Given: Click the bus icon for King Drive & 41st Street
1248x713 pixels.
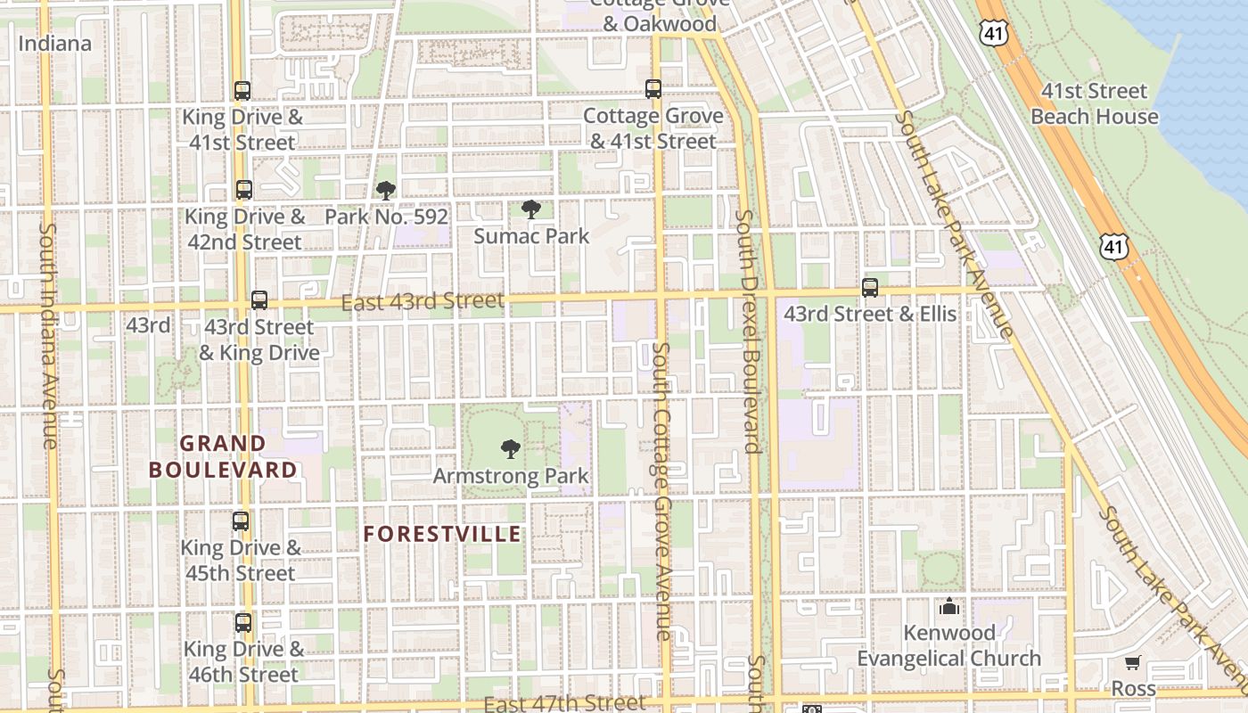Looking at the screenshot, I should tap(242, 90).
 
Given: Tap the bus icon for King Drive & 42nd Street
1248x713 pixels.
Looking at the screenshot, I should tap(243, 190).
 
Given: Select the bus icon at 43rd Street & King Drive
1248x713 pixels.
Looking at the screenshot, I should tap(259, 300).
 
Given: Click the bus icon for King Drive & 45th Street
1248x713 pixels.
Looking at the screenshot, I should tap(241, 521).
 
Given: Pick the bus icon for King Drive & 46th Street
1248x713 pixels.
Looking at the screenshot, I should tap(242, 623).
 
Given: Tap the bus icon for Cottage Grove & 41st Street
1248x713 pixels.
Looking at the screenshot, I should tap(653, 89).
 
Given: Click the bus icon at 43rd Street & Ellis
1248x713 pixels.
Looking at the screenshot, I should tap(870, 288).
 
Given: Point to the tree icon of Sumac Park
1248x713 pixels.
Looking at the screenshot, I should tap(530, 210).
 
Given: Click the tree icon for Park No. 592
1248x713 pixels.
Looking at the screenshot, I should tap(385, 190).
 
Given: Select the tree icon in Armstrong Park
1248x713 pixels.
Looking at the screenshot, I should tap(510, 449).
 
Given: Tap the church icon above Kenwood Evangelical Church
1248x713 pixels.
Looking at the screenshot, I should tap(948, 607).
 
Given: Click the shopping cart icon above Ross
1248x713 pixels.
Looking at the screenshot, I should tap(1132, 663).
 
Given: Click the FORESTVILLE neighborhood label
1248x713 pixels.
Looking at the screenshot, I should tap(442, 534).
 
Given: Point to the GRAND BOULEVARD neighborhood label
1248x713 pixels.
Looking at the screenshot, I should tap(223, 456).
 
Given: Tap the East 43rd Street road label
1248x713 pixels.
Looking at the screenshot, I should tap(423, 302).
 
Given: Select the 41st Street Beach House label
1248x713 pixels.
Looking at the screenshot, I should tap(1095, 103).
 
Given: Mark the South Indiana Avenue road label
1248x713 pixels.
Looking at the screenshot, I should tap(48, 335).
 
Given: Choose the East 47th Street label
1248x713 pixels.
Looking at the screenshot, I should tap(563, 703).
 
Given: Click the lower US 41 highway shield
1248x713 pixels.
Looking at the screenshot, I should tap(1113, 246).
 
